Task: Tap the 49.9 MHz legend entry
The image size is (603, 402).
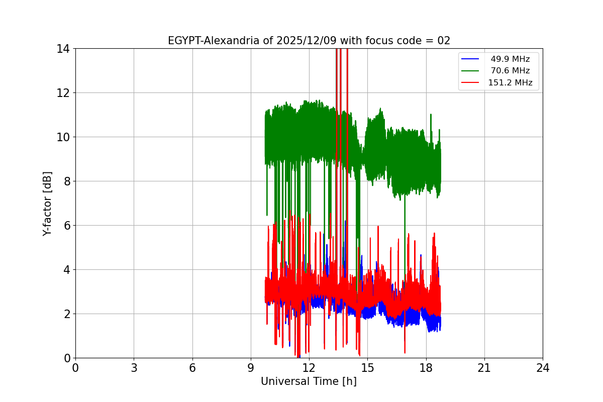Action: click(510, 59)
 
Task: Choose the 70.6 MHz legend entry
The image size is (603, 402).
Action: click(510, 71)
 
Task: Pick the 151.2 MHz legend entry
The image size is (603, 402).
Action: click(510, 83)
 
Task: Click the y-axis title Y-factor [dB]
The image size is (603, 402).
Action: click(47, 204)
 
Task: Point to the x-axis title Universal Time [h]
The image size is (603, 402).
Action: click(309, 381)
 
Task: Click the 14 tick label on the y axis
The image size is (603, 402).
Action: click(63, 49)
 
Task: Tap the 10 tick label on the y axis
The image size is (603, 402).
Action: click(63, 137)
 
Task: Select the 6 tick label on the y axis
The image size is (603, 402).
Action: click(66, 226)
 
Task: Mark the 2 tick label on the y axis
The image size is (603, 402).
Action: click(66, 314)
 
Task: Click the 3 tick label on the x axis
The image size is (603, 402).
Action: click(134, 368)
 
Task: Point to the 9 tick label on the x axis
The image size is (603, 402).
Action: click(251, 368)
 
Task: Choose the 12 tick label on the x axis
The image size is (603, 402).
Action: click(309, 368)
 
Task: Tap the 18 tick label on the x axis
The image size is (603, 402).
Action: click(426, 368)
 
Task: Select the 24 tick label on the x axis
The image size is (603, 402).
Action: click(543, 368)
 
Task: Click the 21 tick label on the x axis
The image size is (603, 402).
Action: click(484, 368)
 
